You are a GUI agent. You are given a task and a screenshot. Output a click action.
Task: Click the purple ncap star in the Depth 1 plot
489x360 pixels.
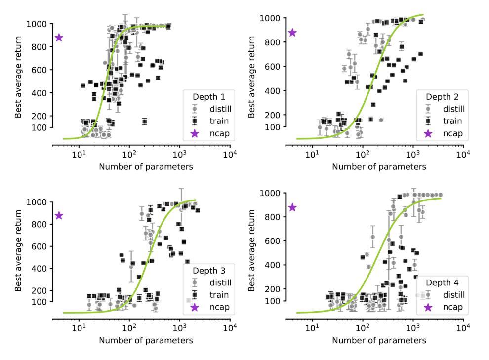pos(59,38)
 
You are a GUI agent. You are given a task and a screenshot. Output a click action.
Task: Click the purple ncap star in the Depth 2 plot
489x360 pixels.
pos(292,33)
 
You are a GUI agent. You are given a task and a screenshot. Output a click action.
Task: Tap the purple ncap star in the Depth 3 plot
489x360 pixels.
pos(59,215)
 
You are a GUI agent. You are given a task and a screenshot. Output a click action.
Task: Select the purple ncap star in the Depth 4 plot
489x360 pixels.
pos(292,207)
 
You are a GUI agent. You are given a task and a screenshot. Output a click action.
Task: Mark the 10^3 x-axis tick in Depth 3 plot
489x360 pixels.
pos(179,328)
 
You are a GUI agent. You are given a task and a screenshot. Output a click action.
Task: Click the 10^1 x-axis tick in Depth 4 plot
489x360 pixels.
pos(312,328)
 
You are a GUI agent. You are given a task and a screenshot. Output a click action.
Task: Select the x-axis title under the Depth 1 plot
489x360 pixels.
pos(146,167)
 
